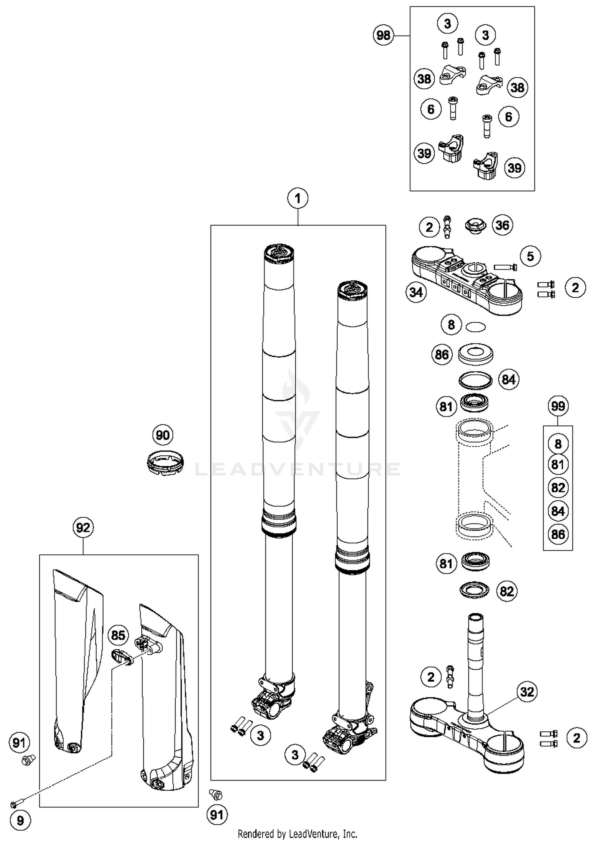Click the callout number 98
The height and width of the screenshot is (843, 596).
click(383, 35)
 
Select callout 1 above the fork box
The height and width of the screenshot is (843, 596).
click(298, 198)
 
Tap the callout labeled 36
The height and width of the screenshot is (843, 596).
click(502, 225)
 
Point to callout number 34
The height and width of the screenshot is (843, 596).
click(416, 293)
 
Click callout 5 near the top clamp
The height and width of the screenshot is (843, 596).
click(530, 256)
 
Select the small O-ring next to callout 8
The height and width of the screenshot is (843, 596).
click(476, 327)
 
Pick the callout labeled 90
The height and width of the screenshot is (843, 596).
click(163, 435)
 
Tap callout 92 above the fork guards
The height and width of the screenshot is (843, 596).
click(83, 528)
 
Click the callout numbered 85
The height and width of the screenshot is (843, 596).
click(118, 635)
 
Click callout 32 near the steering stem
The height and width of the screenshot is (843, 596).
click(527, 692)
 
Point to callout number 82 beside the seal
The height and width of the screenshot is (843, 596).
click(507, 591)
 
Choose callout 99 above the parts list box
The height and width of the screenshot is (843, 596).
click(558, 406)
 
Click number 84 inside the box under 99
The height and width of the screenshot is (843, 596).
click(558, 511)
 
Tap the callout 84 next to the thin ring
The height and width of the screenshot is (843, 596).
click(508, 380)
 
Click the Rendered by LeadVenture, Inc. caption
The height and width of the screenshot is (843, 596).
click(298, 833)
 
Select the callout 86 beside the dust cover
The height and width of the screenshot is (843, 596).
click(442, 355)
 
